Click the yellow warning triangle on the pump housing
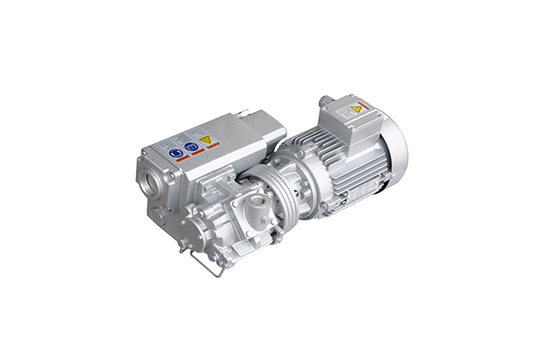tap(205, 139)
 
